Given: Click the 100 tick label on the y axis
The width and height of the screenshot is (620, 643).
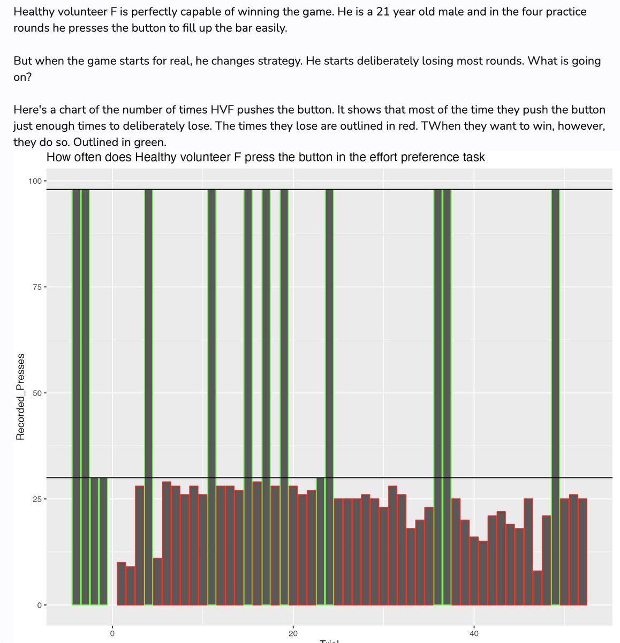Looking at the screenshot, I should click(35, 181).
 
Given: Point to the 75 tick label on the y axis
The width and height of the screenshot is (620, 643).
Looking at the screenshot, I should click(36, 287).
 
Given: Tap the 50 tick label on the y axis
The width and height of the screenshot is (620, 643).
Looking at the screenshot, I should click(36, 393).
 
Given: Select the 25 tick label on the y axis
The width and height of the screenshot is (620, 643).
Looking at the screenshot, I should click(36, 499).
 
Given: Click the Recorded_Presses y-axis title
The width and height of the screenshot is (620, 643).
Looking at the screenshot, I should click(20, 397).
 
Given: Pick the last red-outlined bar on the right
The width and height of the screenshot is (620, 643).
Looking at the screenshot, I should click(583, 552).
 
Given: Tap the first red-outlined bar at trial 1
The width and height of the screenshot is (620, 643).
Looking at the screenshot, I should click(122, 584).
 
